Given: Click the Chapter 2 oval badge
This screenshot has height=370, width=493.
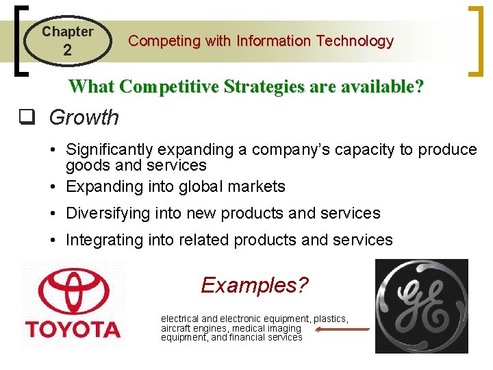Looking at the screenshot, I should coord(66,41).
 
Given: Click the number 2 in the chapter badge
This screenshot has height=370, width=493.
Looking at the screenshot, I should coord(67,50).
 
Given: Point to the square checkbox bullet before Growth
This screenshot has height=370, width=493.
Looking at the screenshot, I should coord(27,117).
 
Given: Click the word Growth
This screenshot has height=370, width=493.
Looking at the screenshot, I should coord(84,118).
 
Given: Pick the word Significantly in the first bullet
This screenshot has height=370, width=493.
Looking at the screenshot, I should coord(110,149).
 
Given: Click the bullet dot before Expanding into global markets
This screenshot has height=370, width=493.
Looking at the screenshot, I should coord(53,186).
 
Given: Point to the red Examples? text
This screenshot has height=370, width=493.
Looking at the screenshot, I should coord(255,284).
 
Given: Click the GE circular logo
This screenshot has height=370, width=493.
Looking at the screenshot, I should coord(421,305).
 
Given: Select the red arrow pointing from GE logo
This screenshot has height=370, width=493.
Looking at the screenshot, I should coord(342,329).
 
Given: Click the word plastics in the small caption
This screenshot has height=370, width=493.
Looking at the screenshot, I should coord(331,319).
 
